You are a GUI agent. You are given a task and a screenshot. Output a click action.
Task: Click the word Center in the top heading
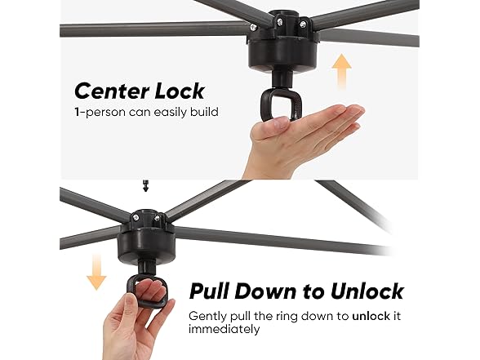point(112,91)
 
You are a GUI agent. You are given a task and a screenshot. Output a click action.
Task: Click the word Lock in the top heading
point(180,91)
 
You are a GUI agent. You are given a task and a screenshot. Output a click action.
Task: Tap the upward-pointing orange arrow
point(341,71)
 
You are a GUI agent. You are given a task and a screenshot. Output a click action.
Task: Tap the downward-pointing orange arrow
point(96,273)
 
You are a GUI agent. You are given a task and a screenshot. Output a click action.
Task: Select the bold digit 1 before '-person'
point(77,112)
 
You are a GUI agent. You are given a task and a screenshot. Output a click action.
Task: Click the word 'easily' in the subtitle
point(170,113)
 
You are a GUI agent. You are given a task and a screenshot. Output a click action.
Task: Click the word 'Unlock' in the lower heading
point(367,291)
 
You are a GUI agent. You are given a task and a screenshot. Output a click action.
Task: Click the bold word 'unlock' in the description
point(371,316)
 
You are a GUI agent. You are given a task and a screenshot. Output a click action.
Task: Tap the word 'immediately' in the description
point(224,330)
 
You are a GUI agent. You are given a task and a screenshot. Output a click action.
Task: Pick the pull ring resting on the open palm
point(281,104)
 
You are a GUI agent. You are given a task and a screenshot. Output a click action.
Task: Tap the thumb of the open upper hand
point(271,126)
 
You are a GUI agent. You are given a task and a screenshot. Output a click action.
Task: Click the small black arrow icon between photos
point(145,186)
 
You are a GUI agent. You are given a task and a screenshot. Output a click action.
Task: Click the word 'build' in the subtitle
point(204,112)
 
